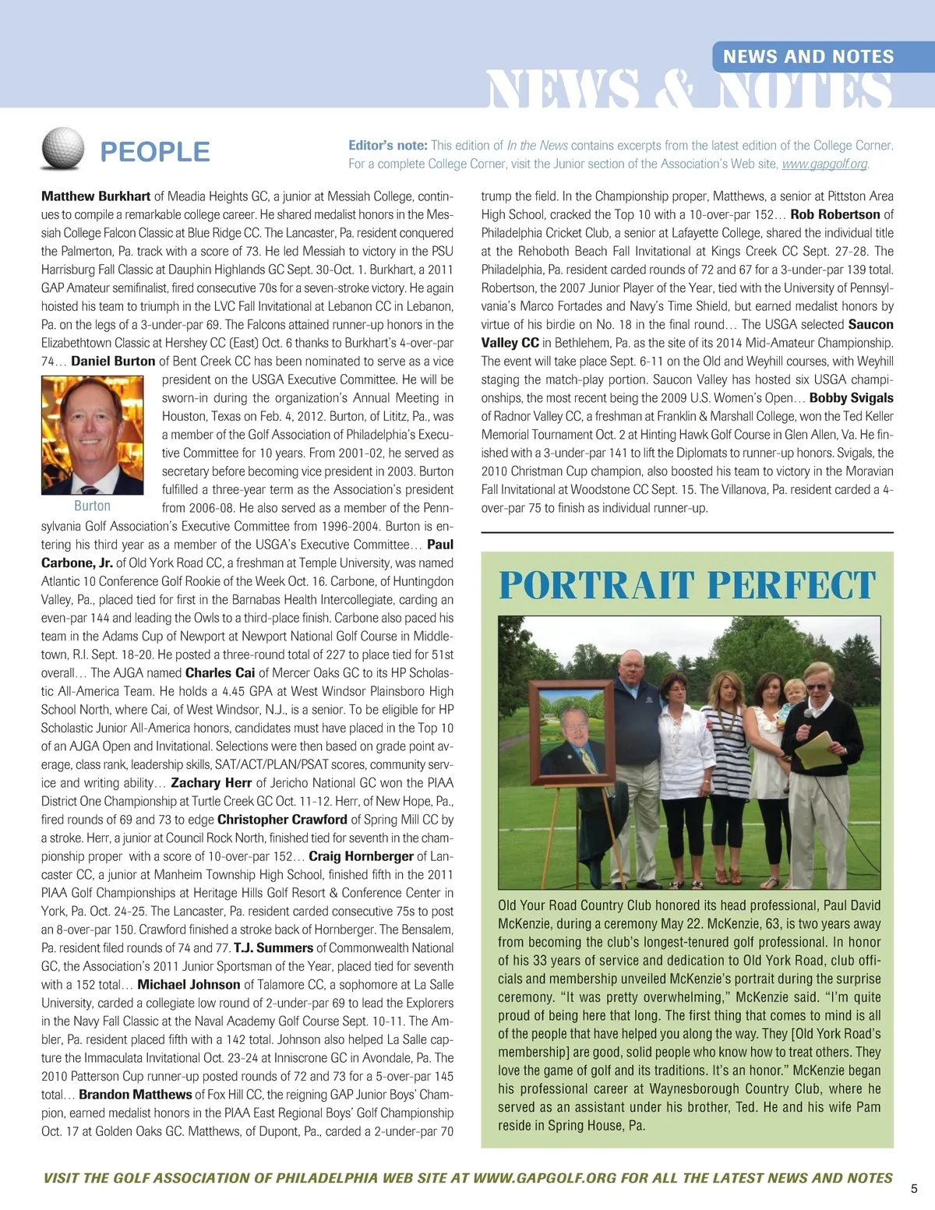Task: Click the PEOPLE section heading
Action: tap(155, 151)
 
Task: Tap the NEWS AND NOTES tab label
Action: tap(808, 56)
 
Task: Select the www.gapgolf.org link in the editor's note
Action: tap(824, 164)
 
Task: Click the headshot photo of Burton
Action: tap(92, 435)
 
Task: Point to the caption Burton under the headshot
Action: tap(92, 506)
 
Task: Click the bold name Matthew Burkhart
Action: tap(96, 196)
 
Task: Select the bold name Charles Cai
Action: tap(220, 672)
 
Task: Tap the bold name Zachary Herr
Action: tap(211, 782)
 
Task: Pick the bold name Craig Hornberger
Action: tap(361, 855)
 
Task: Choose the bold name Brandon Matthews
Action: tap(136, 1094)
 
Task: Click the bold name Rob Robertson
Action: tap(835, 214)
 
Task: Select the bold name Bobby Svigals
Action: tap(851, 397)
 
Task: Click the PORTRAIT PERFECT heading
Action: tap(687, 585)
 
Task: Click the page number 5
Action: tap(914, 1189)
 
